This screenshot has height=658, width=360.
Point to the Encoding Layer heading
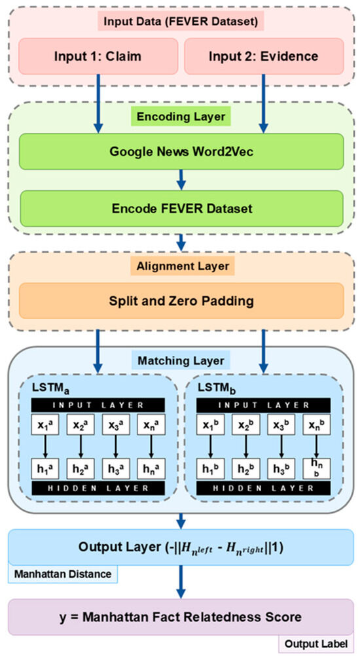[181, 118]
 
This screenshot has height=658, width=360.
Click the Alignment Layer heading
[181, 267]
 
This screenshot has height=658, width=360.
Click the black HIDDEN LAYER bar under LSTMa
[97, 488]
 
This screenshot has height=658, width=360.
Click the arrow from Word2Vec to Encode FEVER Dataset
[181, 178]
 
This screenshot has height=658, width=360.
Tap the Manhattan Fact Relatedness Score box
[181, 617]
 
